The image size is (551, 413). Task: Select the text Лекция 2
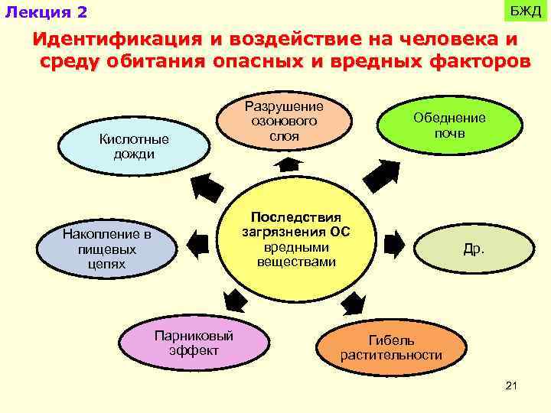point(46,13)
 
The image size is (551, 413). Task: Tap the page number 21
point(512,385)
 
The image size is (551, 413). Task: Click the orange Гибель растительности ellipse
point(391,348)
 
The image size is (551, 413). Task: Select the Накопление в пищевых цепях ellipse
point(106,249)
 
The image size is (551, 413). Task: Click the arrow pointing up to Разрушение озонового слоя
point(289,164)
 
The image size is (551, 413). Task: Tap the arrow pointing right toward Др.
point(393,243)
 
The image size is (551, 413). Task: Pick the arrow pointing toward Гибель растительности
point(353,302)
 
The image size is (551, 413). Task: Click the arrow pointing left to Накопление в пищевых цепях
point(197,243)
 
